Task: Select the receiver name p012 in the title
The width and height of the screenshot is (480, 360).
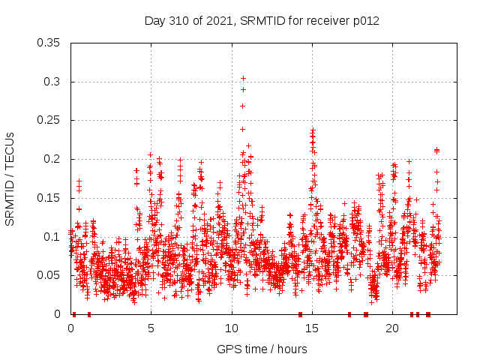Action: point(364,21)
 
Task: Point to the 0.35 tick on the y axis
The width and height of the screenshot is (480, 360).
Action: point(50,43)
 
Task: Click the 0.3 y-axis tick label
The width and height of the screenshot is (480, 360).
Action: point(53,82)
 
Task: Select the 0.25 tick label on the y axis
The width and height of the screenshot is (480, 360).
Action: point(50,120)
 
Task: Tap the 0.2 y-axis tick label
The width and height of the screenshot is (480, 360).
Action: point(53,159)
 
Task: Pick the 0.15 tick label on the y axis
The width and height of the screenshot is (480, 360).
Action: point(50,198)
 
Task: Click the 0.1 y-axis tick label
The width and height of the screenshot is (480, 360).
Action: point(53,236)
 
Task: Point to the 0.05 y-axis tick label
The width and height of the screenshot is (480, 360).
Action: point(50,275)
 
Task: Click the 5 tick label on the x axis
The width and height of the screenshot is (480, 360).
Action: point(151,328)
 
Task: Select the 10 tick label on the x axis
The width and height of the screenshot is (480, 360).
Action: point(232,328)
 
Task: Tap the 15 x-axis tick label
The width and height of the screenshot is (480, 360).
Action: point(312,328)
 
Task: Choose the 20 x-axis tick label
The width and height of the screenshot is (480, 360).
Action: point(392,328)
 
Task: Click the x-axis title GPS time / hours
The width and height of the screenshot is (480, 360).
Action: point(262,349)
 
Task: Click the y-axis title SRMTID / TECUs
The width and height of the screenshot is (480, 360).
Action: point(10,178)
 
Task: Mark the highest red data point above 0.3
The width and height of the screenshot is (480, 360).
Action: point(243,78)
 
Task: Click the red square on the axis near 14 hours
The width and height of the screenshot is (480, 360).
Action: point(300,314)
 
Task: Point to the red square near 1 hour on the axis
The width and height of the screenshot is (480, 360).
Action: point(88,314)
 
